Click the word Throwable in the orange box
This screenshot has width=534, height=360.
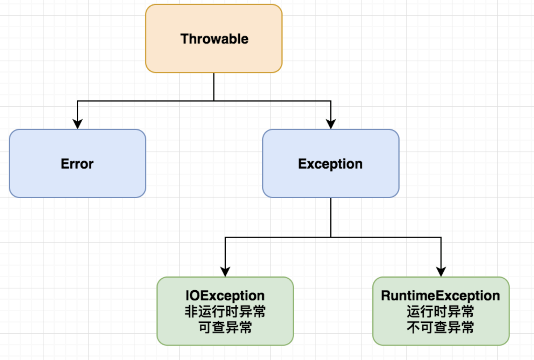pyautogui.click(x=214, y=39)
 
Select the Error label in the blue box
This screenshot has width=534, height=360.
pyautogui.click(x=77, y=164)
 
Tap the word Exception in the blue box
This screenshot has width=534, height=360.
pyautogui.click(x=330, y=164)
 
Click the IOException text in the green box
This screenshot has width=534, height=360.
pyautogui.click(x=225, y=296)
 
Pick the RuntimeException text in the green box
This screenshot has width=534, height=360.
pyautogui.click(x=440, y=296)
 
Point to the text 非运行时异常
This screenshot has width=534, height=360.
pyautogui.click(x=225, y=311)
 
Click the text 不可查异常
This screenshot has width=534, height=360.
pyautogui.click(x=440, y=327)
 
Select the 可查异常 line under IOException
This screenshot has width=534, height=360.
pyautogui.click(x=225, y=327)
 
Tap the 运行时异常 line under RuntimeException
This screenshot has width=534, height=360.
pyautogui.click(x=440, y=311)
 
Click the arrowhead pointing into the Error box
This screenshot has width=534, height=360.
pyautogui.click(x=78, y=124)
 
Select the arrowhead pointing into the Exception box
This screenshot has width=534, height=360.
pyautogui.click(x=331, y=124)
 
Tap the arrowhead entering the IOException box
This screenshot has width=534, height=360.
pyautogui.click(x=225, y=272)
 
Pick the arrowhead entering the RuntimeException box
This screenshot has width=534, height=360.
pyautogui.click(x=441, y=272)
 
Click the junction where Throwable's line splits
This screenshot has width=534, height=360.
pyautogui.click(x=214, y=101)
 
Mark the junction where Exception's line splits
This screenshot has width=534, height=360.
pyautogui.click(x=331, y=237)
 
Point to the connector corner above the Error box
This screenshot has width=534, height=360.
pyautogui.click(x=78, y=101)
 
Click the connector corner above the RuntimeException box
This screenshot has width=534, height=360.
pyautogui.click(x=441, y=237)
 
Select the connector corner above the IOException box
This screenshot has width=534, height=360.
pyautogui.click(x=225, y=237)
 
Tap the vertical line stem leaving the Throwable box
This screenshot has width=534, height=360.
pyautogui.click(x=214, y=87)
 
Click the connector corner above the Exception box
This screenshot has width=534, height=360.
pyautogui.click(x=331, y=101)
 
